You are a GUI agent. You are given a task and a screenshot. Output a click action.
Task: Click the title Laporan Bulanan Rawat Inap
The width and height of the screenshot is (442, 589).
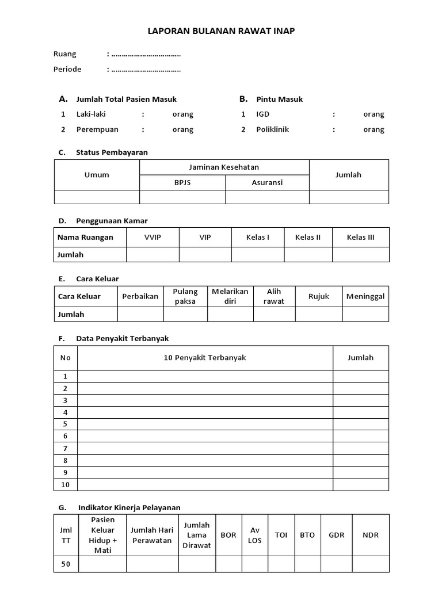[221, 31]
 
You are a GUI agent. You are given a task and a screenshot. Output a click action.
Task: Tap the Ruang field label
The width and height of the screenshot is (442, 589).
[64, 54]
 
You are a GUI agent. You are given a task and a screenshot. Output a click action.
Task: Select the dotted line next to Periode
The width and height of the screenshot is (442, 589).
[146, 70]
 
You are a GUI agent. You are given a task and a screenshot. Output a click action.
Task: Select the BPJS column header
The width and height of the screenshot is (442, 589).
[182, 182]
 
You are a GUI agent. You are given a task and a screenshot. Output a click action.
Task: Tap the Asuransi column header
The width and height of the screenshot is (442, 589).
[267, 182]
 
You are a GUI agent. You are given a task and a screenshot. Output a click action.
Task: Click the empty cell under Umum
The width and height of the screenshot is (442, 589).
[97, 197]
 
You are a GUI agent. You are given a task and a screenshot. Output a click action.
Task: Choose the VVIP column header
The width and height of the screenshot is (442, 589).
[153, 238]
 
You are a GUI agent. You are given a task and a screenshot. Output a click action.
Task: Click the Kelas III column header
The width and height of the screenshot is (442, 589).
[360, 238]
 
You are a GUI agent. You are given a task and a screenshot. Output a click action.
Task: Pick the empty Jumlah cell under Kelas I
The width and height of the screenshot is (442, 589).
[257, 254]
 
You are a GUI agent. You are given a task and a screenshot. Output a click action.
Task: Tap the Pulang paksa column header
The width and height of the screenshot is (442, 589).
[185, 296]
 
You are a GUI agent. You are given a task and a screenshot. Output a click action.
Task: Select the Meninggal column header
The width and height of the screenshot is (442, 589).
[365, 296]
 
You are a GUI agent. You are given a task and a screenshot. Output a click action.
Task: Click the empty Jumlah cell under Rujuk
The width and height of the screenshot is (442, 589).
[319, 314]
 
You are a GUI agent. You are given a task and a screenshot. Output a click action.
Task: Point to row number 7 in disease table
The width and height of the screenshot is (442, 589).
[66, 449]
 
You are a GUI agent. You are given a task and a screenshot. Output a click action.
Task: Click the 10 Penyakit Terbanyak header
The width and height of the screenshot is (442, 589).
[205, 358]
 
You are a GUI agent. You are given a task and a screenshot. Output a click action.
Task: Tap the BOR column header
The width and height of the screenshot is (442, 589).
[228, 535]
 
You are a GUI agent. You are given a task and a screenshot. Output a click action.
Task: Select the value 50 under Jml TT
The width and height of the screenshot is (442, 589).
[66, 564]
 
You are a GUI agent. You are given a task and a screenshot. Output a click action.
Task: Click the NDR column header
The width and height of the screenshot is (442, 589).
[371, 535]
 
